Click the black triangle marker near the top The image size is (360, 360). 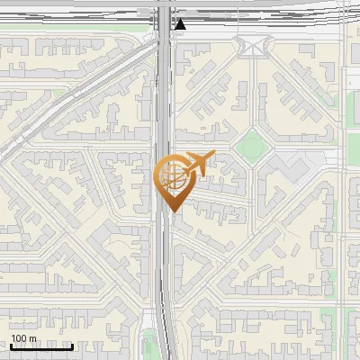pos(180,24)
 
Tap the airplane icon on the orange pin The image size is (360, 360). pos(197,164)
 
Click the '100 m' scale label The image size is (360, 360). pos(24,338)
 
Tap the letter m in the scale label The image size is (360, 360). pos(33,338)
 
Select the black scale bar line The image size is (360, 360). pos(41,346)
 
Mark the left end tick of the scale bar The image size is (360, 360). pos(11,345)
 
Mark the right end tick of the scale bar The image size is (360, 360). pos(73,345)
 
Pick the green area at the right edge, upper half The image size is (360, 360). pos(352,108)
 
